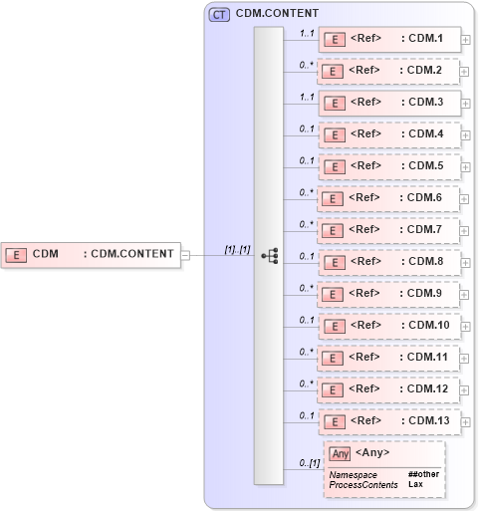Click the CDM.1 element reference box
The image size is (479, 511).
389,40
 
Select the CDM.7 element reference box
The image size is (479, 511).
389,230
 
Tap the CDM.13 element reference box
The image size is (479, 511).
389,421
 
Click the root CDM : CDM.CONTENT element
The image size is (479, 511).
91,254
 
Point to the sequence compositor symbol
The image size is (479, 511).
269,255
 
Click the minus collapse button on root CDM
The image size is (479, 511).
185,255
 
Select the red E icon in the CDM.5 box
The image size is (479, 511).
337,167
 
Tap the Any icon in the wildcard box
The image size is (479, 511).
340,454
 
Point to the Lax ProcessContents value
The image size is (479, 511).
415,484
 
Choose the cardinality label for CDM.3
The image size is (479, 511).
308,97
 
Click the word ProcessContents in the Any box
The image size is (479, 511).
363,484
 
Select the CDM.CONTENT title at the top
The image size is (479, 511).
277,15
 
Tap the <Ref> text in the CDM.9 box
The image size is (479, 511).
364,294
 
